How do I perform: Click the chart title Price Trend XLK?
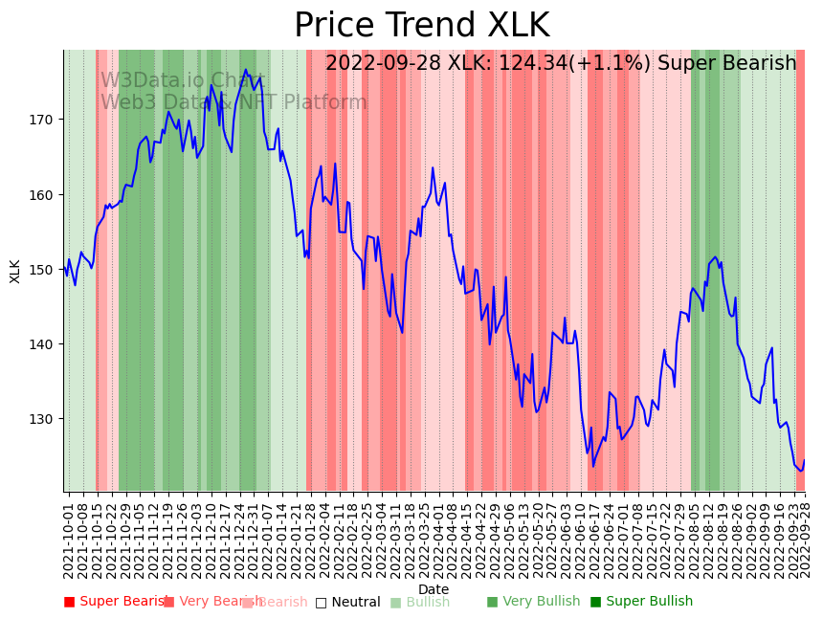click(421, 26)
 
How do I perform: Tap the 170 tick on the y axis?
click(45, 120)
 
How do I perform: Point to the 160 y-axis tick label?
click(45, 194)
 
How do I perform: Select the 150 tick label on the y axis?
click(45, 270)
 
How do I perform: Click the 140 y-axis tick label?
click(45, 344)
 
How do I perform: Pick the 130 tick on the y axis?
click(45, 419)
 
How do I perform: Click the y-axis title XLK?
click(15, 271)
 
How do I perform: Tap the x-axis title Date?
click(434, 589)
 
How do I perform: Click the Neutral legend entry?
click(355, 602)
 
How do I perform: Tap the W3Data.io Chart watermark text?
click(183, 81)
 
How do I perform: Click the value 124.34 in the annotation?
click(533, 64)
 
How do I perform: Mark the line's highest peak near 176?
click(246, 70)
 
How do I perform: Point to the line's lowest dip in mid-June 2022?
click(593, 466)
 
